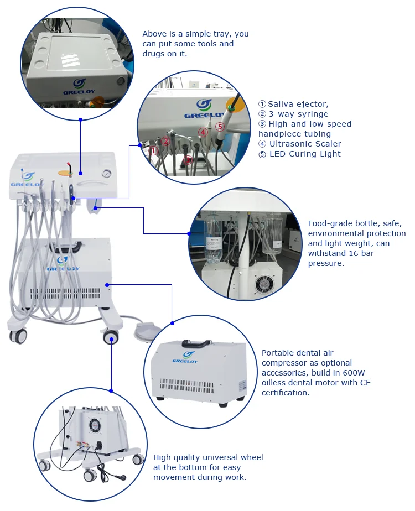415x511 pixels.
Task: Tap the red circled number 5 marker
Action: click(x=220, y=127)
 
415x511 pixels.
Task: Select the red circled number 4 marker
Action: click(x=203, y=132)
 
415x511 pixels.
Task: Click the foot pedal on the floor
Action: click(x=145, y=332)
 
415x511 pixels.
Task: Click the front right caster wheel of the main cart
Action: click(x=111, y=337)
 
